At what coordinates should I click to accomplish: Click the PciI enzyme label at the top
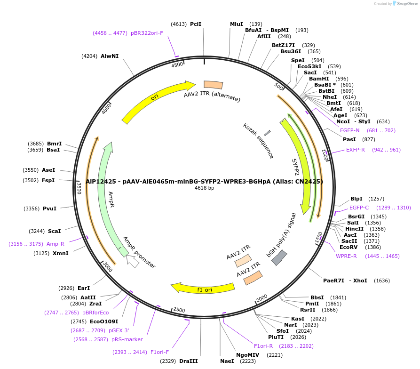click(196, 24)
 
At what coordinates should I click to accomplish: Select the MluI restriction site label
click(237, 24)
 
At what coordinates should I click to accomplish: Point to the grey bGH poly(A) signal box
click(279, 257)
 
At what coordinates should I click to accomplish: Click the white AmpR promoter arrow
click(134, 261)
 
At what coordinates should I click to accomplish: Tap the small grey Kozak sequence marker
click(267, 133)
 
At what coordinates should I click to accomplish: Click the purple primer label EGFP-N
click(349, 130)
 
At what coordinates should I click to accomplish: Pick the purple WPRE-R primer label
click(346, 256)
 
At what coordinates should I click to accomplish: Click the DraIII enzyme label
click(189, 361)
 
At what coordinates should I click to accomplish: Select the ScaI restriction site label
click(54, 231)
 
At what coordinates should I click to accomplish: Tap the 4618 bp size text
click(204, 188)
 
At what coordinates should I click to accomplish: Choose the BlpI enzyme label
click(357, 199)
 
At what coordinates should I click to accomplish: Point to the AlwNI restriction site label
click(110, 56)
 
